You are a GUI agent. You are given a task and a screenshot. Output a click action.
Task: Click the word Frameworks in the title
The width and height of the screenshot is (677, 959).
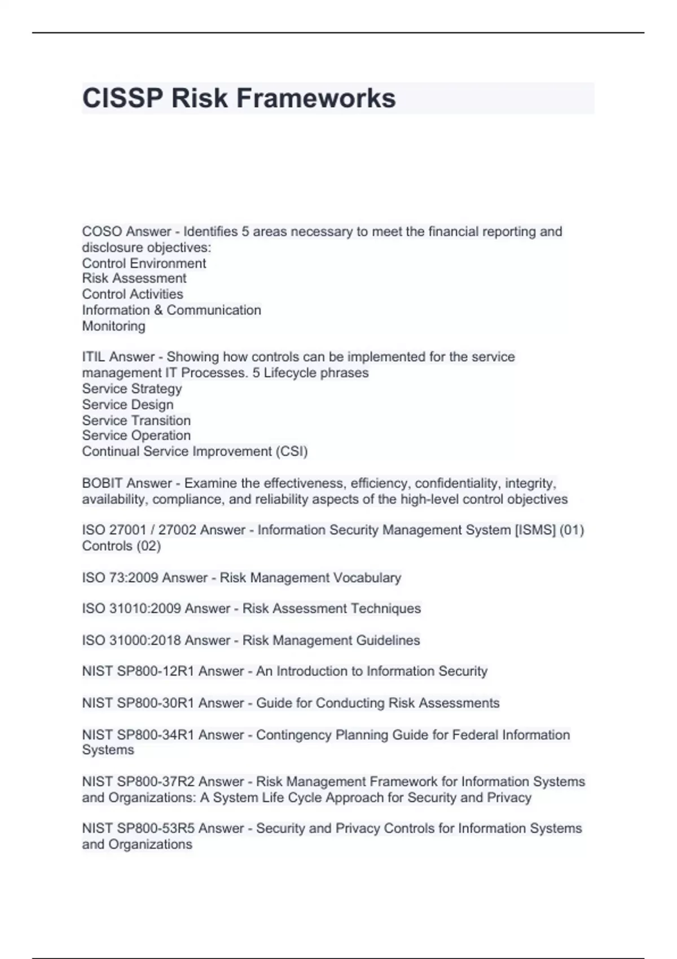[315, 98]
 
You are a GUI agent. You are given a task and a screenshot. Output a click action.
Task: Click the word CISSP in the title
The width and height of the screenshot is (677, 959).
[122, 98]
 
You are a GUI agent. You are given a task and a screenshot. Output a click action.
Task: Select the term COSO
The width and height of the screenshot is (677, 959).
[102, 232]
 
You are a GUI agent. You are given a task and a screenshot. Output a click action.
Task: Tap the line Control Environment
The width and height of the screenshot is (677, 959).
[144, 263]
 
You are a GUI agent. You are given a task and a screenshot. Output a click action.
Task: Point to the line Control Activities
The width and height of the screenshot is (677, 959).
[133, 294]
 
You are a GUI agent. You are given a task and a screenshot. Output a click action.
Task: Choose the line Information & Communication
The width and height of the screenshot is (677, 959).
[172, 310]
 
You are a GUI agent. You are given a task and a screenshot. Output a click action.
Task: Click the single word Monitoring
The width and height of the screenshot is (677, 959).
[113, 326]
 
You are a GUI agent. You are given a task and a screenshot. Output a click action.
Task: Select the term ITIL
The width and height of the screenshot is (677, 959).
[94, 357]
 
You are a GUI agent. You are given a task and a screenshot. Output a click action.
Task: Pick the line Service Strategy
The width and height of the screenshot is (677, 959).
[132, 389]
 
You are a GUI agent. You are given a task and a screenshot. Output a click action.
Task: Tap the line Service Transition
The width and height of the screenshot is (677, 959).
[136, 420]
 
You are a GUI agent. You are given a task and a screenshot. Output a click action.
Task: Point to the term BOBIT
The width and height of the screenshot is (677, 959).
[103, 483]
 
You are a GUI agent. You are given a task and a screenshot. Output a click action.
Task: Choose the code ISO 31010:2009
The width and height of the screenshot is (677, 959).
[131, 609]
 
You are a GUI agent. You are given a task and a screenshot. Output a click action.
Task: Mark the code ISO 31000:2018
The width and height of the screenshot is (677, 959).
[131, 640]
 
